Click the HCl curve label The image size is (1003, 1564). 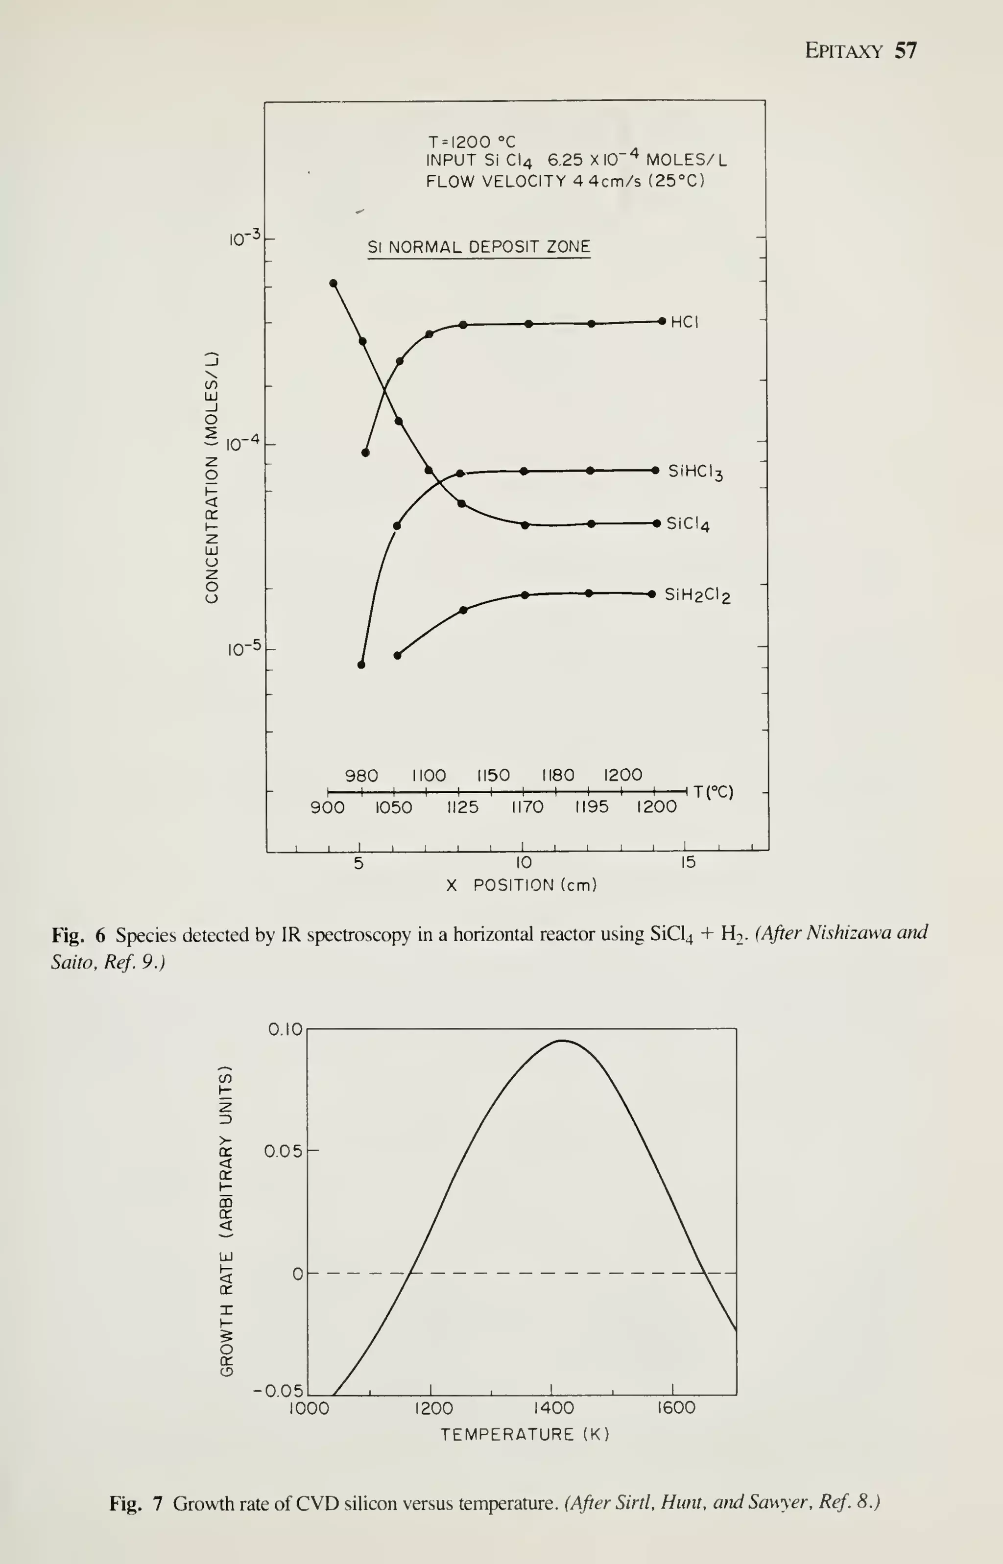tap(685, 322)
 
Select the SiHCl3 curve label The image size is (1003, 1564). tap(695, 472)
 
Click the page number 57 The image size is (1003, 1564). tap(906, 51)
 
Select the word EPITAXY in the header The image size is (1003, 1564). tap(843, 51)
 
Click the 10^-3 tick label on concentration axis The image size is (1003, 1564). tap(244, 238)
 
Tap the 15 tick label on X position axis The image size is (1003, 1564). tap(688, 863)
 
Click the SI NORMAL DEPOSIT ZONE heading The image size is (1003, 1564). tap(478, 247)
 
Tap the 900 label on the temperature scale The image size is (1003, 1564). tap(327, 807)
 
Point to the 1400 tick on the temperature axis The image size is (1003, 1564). tap(553, 1408)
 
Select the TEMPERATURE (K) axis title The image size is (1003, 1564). tap(525, 1434)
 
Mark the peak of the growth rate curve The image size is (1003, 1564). tap(561, 1041)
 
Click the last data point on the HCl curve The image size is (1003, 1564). tap(662, 321)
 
